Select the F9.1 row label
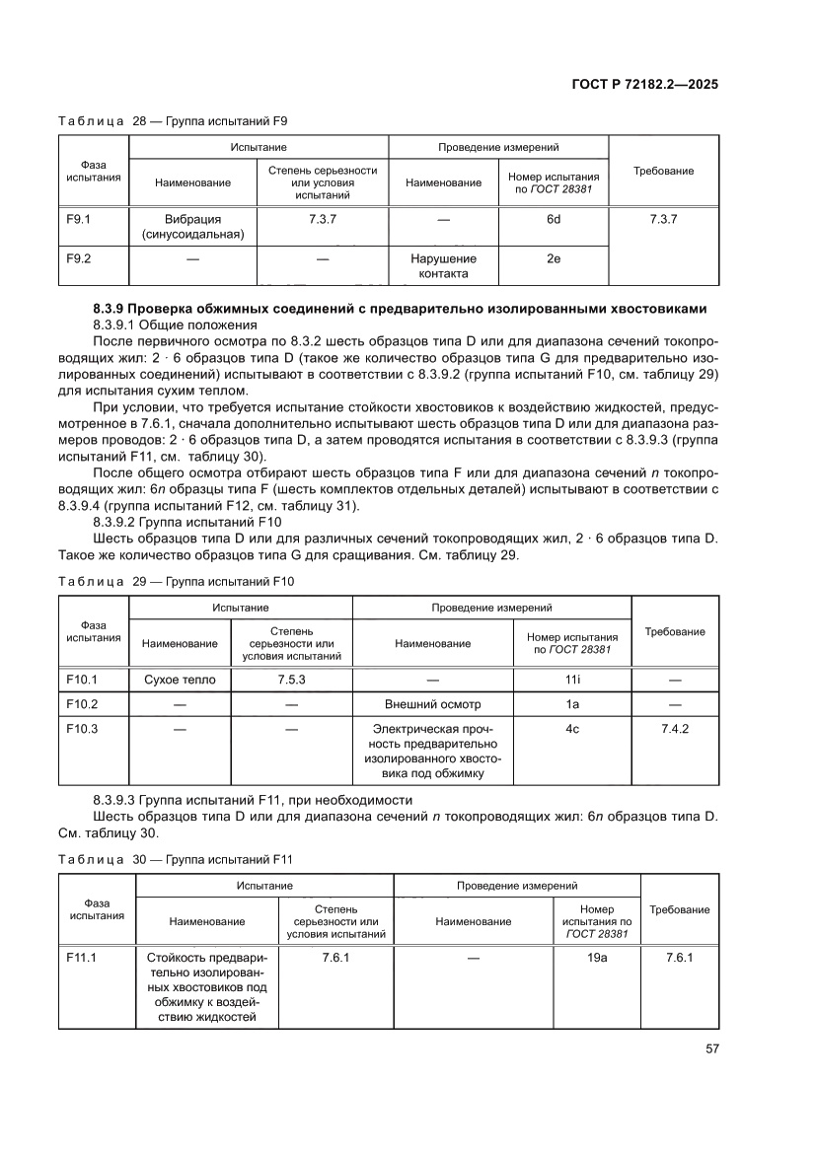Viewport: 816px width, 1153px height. pyautogui.click(x=78, y=219)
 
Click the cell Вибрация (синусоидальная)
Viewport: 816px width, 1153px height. pyautogui.click(x=192, y=227)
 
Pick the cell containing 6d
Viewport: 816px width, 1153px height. pyautogui.click(x=554, y=219)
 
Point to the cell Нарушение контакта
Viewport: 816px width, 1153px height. pyautogui.click(x=443, y=266)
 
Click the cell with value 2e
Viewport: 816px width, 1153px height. pyautogui.click(x=554, y=258)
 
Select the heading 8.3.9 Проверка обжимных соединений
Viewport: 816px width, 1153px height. pyautogui.click(x=400, y=309)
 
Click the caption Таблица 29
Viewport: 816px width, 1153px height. pyautogui.click(x=176, y=582)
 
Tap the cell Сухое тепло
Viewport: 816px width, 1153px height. pyautogui.click(x=180, y=680)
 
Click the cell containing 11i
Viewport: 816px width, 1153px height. pyautogui.click(x=571, y=680)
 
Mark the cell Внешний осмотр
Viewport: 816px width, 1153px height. pyautogui.click(x=432, y=704)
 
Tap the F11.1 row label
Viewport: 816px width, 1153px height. pyautogui.click(x=82, y=957)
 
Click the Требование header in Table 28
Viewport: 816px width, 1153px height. pyautogui.click(x=663, y=171)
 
